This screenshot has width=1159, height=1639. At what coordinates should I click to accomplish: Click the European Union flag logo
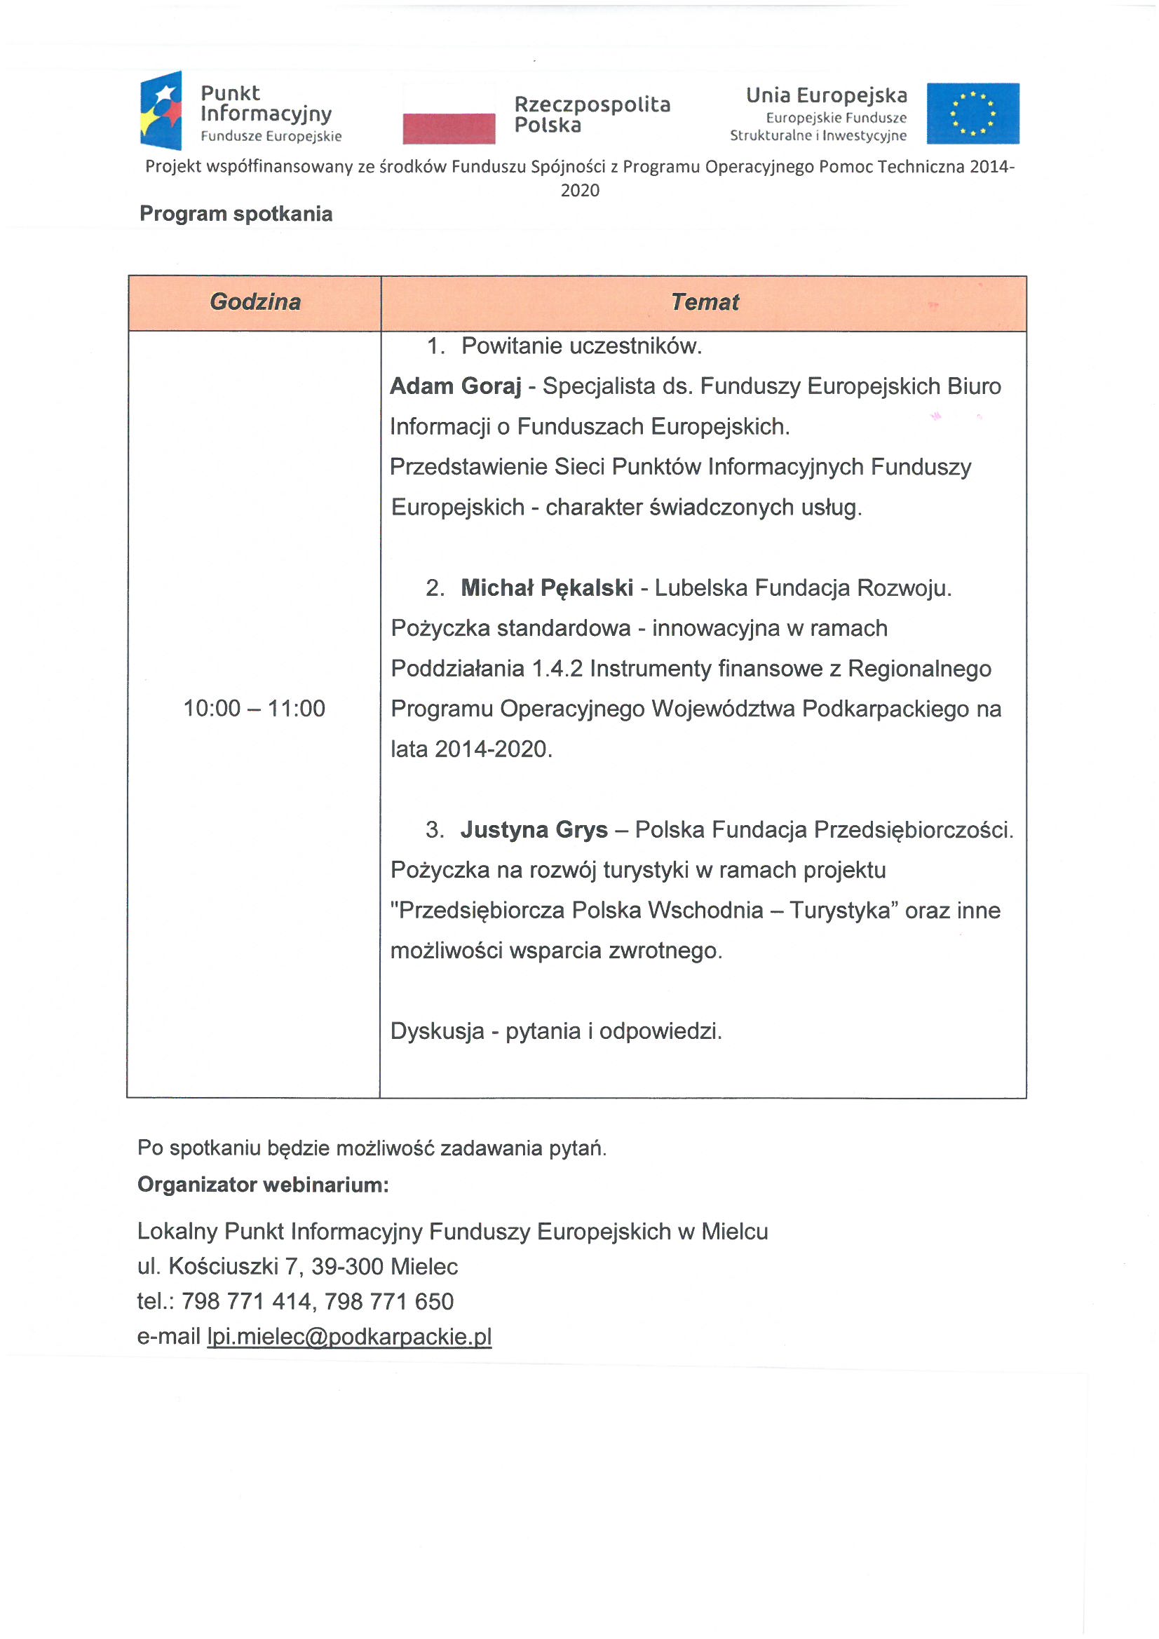pos(972,114)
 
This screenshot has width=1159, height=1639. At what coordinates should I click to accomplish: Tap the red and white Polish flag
pos(449,114)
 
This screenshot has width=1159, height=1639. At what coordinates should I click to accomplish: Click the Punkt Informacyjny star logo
pos(161,111)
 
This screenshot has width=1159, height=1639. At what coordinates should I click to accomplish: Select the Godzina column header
pos(255,302)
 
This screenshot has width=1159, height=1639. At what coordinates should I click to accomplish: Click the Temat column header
pos(704,302)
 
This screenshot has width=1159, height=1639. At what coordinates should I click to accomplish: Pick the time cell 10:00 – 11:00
pos(255,708)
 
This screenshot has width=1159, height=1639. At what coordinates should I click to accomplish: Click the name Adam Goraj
pos(456,386)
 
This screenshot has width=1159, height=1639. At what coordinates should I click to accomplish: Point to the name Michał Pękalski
pos(546,587)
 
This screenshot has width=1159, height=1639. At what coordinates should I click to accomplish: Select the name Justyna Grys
pos(534,829)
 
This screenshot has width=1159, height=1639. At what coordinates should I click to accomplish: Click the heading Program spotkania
pos(236,213)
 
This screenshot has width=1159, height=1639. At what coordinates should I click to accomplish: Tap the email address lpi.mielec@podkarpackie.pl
pos(349,1336)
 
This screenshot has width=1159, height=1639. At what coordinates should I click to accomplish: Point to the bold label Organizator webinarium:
pos(263,1184)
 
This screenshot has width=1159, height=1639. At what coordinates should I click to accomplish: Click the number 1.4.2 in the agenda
pos(557,668)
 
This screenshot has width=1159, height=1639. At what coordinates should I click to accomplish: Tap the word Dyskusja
pos(437,1031)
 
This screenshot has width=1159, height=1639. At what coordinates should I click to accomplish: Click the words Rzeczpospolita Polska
pos(592,114)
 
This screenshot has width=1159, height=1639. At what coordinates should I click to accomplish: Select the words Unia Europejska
pos(826,95)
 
